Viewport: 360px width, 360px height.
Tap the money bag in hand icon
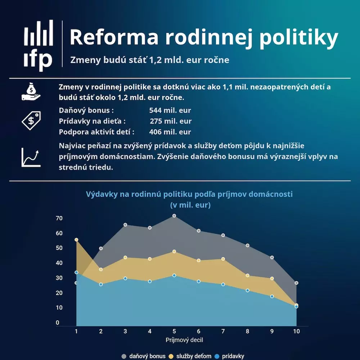point(31,91)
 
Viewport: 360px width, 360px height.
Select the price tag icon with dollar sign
point(31,121)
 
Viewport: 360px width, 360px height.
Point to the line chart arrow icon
point(31,157)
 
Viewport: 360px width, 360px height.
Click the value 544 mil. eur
point(170,111)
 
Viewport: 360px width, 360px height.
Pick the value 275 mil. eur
point(171,121)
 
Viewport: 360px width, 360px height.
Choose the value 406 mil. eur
point(170,132)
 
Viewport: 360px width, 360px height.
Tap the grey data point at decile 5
point(174,216)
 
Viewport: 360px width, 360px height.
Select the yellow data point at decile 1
point(76,240)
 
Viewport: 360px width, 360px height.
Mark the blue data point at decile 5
point(174,275)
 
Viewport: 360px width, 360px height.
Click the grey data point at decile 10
point(296,283)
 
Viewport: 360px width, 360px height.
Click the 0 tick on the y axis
point(58,323)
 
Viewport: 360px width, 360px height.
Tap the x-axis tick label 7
point(223,331)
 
